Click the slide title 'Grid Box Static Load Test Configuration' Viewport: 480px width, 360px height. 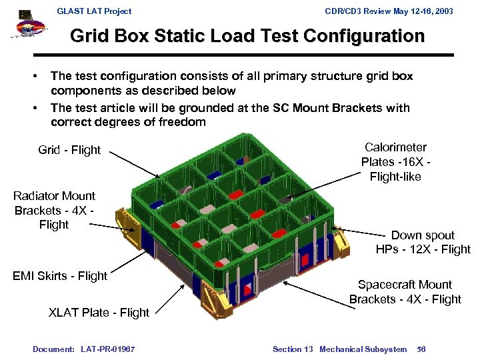pyautogui.click(x=247, y=35)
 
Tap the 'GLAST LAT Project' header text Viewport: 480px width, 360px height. pyautogui.click(x=94, y=11)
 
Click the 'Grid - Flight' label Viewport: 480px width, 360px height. pyautogui.click(x=69, y=150)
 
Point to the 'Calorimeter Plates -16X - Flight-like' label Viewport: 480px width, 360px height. pyautogui.click(x=395, y=161)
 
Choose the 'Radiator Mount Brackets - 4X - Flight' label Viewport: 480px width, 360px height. pyautogui.click(x=54, y=210)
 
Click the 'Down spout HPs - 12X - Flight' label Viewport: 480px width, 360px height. pyautogui.click(x=423, y=242)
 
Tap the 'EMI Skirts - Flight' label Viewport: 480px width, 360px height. pyautogui.click(x=60, y=275)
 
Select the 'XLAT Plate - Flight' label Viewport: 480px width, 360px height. pyautogui.click(x=99, y=312)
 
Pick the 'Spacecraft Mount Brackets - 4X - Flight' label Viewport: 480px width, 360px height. pyautogui.click(x=405, y=292)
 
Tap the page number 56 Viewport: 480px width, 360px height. pyautogui.click(x=421, y=349)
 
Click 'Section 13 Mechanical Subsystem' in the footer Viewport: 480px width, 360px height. pyautogui.click(x=339, y=349)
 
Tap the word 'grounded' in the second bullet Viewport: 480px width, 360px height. pyautogui.click(x=199, y=108)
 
